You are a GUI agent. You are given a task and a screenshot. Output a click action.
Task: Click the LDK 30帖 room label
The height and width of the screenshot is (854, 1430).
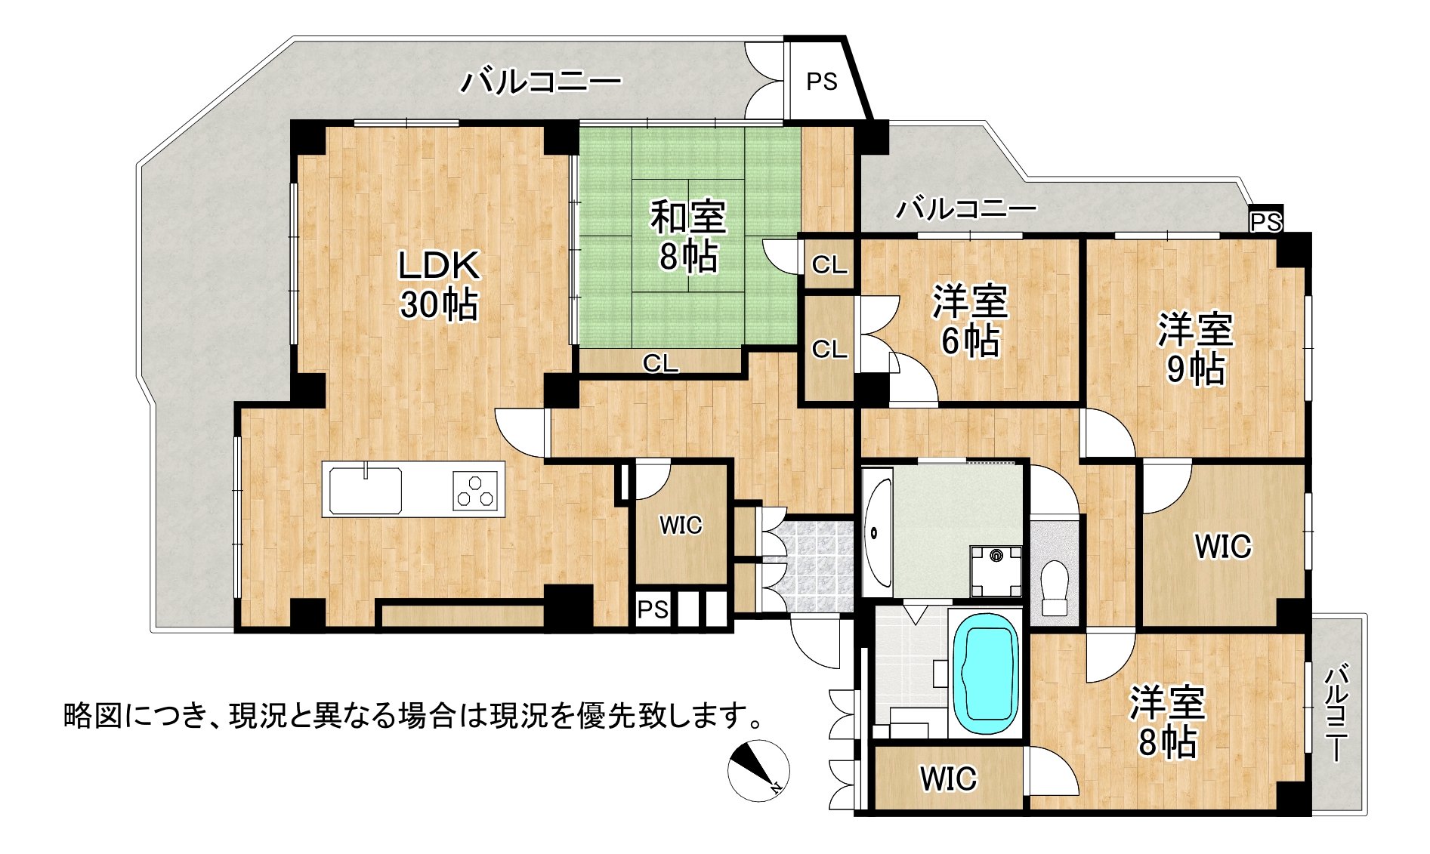point(439,285)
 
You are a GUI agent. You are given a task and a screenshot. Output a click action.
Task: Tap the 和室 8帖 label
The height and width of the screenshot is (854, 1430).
point(688,236)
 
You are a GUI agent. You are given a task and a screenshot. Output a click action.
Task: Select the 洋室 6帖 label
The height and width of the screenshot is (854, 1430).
point(970,320)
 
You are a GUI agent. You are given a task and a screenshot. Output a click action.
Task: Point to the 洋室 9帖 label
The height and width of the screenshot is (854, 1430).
point(1196,349)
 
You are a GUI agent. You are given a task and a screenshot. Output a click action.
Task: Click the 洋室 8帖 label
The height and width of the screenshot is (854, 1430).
point(1167,722)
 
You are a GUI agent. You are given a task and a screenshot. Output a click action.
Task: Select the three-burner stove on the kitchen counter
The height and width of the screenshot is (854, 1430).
point(476,489)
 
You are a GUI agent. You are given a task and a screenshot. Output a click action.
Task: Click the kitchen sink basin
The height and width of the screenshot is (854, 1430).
point(365,490)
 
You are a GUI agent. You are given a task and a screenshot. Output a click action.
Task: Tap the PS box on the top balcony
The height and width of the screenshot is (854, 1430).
point(821,82)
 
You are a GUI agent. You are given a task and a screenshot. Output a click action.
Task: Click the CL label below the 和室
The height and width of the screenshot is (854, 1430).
point(661,364)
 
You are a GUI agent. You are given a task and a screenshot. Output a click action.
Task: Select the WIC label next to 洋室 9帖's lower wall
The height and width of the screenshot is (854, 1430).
point(1222,546)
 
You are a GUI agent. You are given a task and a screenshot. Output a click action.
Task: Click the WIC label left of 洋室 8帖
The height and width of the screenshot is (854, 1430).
point(948,778)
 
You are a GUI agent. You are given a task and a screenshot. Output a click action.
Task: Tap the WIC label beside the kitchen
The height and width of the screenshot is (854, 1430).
point(681,525)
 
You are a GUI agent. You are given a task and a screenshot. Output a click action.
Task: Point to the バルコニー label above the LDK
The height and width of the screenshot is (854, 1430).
point(542,82)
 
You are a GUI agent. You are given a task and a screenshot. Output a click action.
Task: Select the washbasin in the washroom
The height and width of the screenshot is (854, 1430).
point(876,532)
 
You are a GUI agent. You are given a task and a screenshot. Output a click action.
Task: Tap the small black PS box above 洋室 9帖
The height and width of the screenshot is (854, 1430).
point(1265,222)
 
